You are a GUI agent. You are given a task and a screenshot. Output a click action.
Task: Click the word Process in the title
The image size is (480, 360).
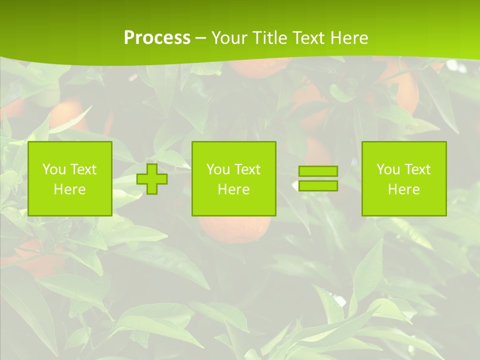[x=157, y=38]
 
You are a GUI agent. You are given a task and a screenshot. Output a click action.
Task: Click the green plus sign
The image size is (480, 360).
[x=152, y=178]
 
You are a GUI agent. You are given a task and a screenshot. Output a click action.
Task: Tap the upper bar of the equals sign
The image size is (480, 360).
[x=318, y=171]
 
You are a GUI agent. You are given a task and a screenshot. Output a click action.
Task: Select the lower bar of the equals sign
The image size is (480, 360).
[x=318, y=185]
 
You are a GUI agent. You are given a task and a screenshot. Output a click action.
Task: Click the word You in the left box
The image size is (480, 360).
[x=54, y=169]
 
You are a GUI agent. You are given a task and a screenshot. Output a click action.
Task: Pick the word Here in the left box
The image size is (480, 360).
[x=69, y=189]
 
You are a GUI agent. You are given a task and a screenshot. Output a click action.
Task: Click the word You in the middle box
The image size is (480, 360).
[x=218, y=169]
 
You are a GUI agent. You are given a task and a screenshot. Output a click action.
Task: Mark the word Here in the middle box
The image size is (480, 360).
[x=233, y=189]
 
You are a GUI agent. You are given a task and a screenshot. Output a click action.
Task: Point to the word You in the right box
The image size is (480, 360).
[x=388, y=169]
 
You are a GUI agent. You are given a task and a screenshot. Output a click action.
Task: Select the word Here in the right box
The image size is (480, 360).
[x=403, y=189]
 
